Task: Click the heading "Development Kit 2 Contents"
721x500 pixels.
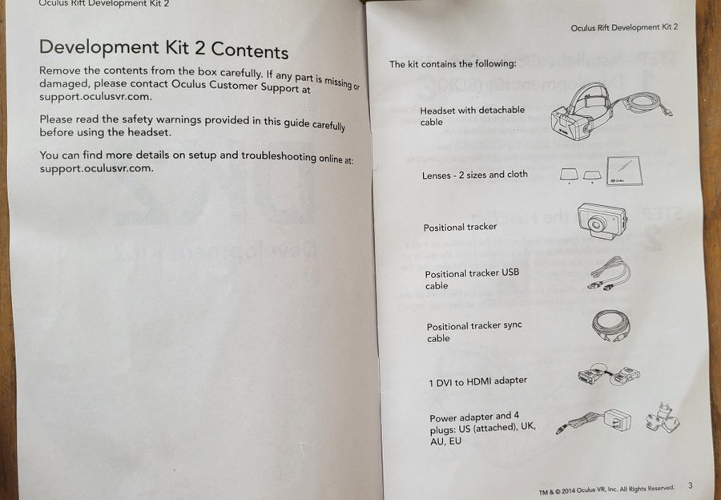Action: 163,49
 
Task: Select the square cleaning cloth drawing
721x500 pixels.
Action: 623,171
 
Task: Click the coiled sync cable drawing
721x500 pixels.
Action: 610,325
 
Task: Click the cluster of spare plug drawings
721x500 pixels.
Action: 663,417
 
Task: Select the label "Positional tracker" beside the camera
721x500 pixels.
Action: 460,228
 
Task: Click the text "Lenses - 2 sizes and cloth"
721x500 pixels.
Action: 474,175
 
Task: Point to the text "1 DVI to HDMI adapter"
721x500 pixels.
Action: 477,381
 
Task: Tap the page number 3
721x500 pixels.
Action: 691,486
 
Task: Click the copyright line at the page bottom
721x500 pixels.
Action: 606,490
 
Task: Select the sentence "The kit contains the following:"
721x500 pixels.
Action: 453,64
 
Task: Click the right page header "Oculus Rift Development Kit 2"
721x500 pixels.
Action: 624,27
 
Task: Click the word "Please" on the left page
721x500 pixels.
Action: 55,119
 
